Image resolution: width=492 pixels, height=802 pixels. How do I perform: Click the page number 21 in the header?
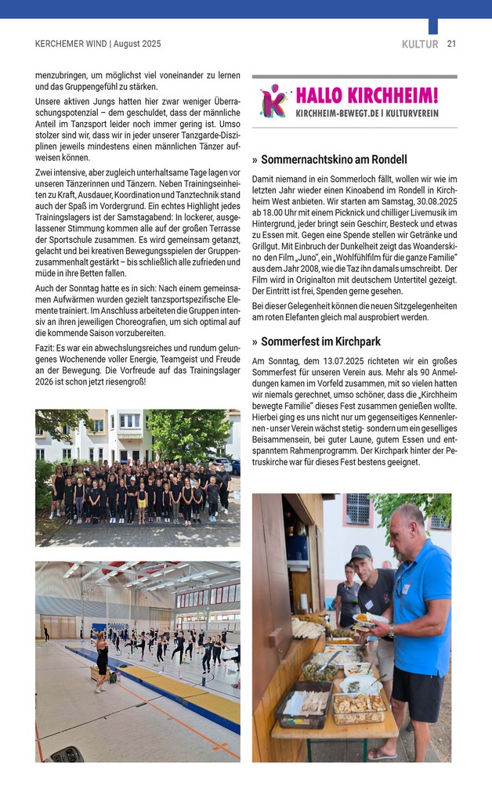pos(451,45)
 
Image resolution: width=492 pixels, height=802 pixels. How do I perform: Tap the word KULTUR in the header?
pos(420,45)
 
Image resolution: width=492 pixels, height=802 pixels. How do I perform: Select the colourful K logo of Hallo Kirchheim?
pos(273,101)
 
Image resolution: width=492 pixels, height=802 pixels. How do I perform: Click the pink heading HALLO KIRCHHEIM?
pos(367,96)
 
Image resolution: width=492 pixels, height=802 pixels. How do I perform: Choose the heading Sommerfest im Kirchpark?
pos(320,341)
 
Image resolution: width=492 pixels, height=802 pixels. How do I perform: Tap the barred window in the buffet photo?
pos(357,509)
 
